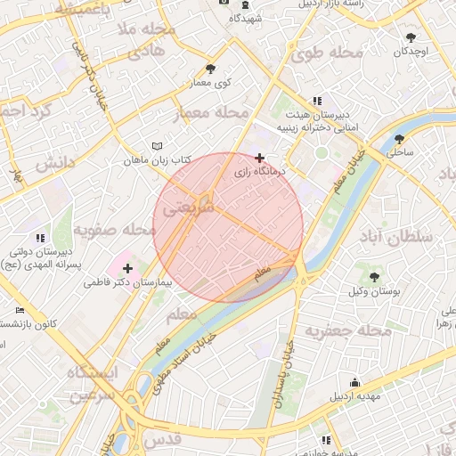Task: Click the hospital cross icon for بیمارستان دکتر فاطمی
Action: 127,267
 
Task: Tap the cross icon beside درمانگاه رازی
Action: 259,158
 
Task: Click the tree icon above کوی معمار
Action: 210,68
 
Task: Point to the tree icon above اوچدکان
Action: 411,37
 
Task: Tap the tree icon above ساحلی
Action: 399,139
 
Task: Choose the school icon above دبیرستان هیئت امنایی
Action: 316,102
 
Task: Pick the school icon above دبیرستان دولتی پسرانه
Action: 39,238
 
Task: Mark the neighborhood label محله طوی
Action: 327,54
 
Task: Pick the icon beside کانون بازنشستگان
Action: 20,309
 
